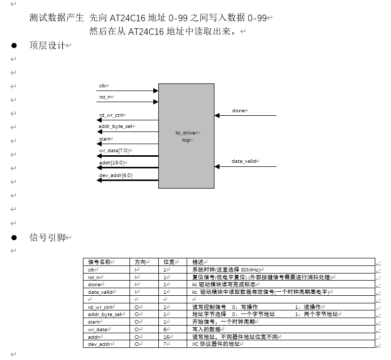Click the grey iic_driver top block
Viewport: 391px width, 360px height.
point(186,136)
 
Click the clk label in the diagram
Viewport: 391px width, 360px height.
point(102,85)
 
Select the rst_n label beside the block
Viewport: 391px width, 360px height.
point(105,97)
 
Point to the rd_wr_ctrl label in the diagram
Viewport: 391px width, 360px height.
point(111,115)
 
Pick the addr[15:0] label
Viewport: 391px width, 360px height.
point(111,162)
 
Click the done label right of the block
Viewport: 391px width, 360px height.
point(239,110)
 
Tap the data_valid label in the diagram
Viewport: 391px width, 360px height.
point(245,161)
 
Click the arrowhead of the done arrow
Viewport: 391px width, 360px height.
point(217,116)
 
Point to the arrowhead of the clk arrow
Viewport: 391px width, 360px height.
point(156,91)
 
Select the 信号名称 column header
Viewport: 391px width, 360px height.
point(100,262)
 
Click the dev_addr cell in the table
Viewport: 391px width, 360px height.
point(99,344)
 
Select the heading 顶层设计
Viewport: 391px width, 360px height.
point(48,46)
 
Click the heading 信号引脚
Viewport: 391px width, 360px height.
point(48,238)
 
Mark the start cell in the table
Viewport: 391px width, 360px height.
point(94,322)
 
